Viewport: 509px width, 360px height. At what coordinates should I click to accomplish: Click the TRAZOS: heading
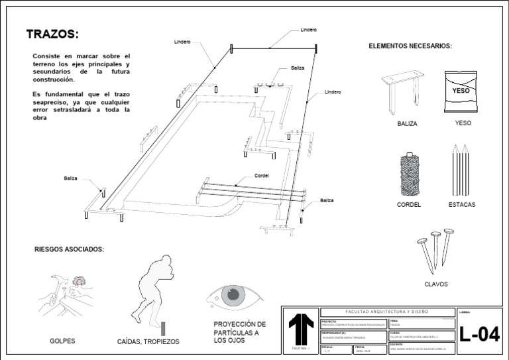click(52, 34)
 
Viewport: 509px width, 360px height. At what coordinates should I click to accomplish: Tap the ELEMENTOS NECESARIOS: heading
click(410, 46)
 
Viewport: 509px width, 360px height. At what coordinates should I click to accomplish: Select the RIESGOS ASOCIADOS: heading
click(69, 249)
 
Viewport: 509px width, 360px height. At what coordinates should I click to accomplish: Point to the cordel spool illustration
click(409, 174)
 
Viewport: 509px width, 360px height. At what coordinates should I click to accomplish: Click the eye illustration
click(235, 295)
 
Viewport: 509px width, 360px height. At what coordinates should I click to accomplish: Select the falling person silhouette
click(154, 288)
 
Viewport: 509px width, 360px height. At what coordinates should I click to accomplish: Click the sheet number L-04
click(479, 334)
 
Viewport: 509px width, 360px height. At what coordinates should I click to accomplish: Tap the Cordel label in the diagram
click(261, 176)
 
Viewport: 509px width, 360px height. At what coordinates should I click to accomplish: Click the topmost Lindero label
click(309, 30)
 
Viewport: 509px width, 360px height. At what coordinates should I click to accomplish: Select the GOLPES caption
click(62, 341)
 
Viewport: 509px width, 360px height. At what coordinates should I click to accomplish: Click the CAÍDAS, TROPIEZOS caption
click(148, 341)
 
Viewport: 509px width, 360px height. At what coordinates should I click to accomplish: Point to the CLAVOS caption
click(435, 284)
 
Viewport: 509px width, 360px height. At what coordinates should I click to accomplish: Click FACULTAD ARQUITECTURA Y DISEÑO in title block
click(388, 312)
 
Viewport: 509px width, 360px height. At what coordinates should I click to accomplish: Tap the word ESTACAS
click(461, 205)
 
